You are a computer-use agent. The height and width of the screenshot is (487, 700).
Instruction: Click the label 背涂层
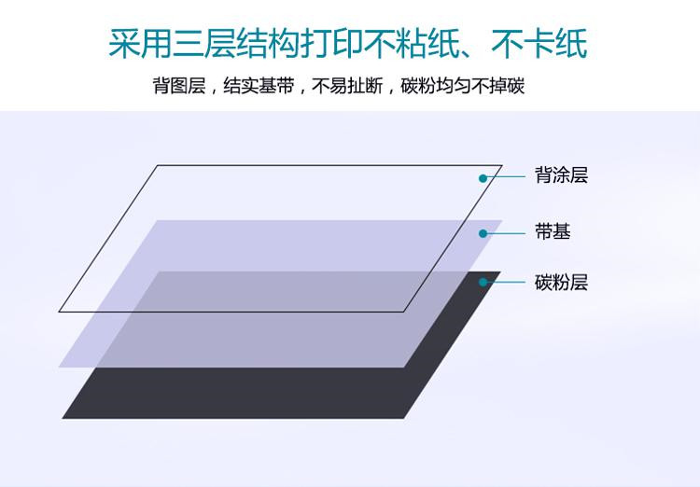[x=561, y=175]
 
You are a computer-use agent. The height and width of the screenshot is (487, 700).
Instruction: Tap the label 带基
[x=553, y=231]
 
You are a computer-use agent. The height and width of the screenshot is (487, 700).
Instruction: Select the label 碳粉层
[x=561, y=283]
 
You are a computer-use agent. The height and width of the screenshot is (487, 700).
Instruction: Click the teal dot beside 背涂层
[x=483, y=178]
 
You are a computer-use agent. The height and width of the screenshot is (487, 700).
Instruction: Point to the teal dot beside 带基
[x=483, y=233]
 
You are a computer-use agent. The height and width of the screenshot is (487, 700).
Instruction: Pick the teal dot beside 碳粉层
[x=483, y=282]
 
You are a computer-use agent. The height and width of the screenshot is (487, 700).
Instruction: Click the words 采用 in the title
[x=140, y=44]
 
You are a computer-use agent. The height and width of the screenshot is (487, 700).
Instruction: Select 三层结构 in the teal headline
[x=236, y=44]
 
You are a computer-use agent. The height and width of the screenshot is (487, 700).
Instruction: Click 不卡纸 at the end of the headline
[x=539, y=44]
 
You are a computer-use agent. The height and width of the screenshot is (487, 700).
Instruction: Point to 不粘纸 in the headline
[x=412, y=44]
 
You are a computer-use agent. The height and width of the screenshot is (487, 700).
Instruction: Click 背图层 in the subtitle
[x=179, y=85]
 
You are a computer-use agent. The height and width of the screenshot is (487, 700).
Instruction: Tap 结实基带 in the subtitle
[x=259, y=85]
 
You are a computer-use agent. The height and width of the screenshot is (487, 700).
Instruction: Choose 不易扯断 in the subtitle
[x=347, y=85]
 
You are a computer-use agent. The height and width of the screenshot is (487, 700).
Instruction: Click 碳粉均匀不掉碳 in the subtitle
[x=463, y=85]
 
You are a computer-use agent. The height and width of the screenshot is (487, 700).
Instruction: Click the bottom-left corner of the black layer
[x=63, y=418]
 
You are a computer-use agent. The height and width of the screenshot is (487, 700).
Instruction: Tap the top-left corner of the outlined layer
[x=157, y=166]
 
